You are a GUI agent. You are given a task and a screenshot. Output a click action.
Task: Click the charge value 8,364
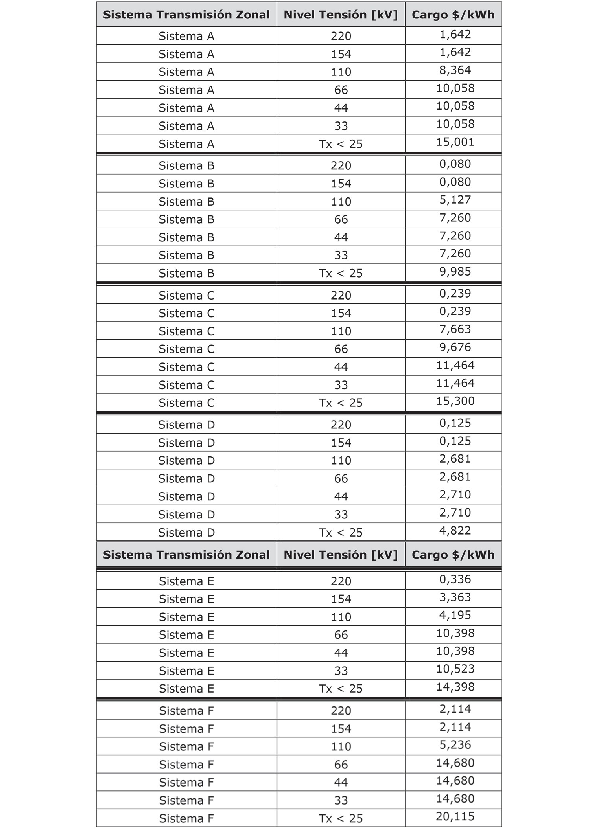pos(455,70)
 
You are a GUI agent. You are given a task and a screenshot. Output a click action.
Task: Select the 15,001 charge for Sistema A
pos(455,142)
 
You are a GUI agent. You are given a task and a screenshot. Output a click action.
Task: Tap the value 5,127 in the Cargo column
pos(455,200)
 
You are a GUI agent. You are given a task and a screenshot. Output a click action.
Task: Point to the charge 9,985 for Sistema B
pos(455,272)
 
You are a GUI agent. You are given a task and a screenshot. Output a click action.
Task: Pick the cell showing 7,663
pos(455,329)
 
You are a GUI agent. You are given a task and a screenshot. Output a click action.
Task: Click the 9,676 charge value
pos(455,347)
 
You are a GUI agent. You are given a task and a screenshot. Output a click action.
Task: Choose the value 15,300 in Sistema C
pos(455,401)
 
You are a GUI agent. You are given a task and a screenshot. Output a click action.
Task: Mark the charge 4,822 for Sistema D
pos(455,531)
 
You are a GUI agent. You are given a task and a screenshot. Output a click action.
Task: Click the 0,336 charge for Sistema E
pos(455,579)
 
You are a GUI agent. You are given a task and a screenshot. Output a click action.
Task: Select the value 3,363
pos(455,597)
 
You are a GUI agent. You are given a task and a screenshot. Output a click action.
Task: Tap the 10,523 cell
pos(455,669)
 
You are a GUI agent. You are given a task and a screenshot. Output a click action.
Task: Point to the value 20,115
pos(455,816)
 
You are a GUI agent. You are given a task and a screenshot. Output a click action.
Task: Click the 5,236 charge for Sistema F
pos(455,745)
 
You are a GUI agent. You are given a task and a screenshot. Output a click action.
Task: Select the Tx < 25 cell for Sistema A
pos(341,144)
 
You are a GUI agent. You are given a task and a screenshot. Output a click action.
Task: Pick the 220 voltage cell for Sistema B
pos(341,165)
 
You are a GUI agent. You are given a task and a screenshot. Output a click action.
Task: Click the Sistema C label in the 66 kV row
pos(186,349)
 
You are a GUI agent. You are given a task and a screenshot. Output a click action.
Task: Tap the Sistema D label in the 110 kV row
pos(186,460)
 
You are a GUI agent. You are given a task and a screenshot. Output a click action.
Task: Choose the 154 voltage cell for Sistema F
pos(341,728)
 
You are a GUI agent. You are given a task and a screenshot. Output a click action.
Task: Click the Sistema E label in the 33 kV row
pos(186,671)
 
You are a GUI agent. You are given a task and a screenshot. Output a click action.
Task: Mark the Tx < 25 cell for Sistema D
pos(341,532)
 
